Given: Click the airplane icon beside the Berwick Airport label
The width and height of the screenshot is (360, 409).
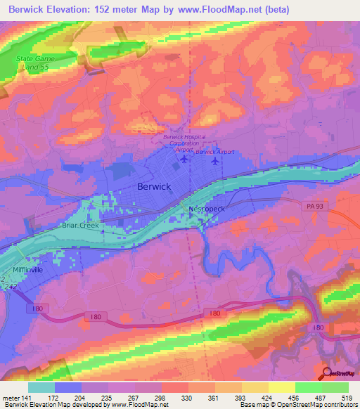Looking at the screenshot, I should tap(215, 161).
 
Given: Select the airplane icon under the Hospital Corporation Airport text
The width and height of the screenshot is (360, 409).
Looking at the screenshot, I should tap(184, 158).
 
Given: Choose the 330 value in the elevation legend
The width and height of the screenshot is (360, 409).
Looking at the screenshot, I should tap(187, 397).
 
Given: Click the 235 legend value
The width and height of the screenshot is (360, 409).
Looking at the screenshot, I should tap(107, 397).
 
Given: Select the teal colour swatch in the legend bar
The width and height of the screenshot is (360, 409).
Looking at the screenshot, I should tap(40, 387).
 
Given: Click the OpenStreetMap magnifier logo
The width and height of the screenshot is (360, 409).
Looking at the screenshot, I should tap(327, 374).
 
